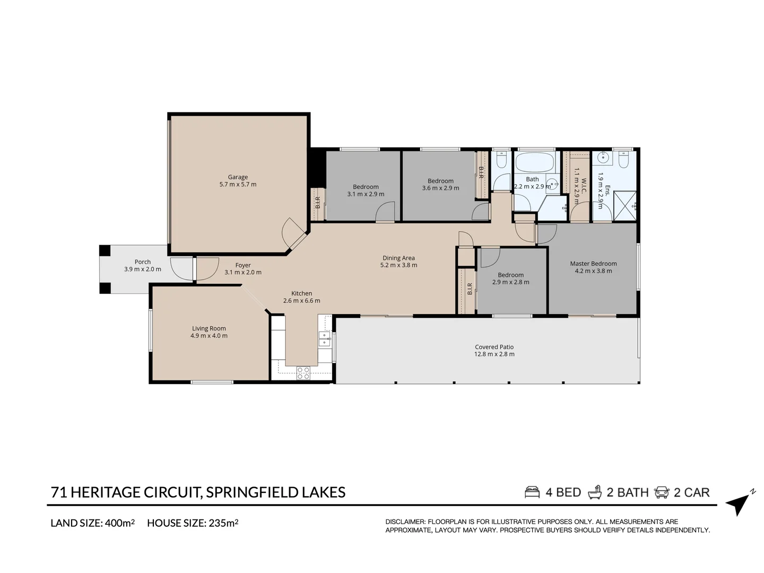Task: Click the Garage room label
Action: click(x=238, y=177)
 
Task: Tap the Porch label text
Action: click(x=142, y=262)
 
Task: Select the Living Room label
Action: click(x=209, y=328)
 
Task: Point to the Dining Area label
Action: click(x=398, y=258)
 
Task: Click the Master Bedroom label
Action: click(x=593, y=263)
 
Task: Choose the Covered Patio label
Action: click(x=494, y=347)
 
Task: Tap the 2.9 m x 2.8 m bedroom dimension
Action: click(x=510, y=282)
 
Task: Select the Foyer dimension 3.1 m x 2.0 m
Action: click(x=243, y=272)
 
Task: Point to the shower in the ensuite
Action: click(x=624, y=205)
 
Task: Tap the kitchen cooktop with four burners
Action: click(x=303, y=373)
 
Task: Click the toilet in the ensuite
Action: click(x=623, y=159)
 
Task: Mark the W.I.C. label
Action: click(x=584, y=187)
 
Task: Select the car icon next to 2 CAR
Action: click(x=662, y=492)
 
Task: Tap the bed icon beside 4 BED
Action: click(x=532, y=492)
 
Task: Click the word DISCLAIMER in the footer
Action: click(x=405, y=522)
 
